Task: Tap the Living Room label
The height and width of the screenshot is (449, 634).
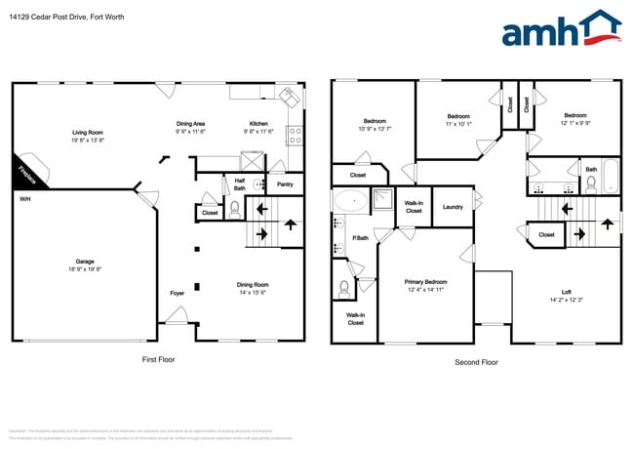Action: click(x=87, y=133)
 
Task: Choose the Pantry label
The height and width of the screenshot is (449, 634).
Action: click(x=285, y=184)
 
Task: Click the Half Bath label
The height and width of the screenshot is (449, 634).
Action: click(x=239, y=183)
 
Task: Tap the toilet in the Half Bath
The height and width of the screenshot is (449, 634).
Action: click(x=235, y=207)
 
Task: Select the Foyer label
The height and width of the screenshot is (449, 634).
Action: click(x=177, y=292)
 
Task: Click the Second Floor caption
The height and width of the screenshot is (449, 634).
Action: click(x=476, y=361)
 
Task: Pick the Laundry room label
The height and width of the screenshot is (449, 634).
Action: click(x=453, y=207)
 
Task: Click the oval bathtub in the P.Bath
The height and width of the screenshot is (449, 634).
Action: click(x=348, y=202)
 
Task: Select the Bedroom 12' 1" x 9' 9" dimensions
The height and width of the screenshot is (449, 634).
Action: click(x=575, y=124)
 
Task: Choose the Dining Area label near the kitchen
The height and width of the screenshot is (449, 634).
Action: click(x=190, y=124)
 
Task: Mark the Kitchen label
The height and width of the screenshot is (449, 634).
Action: click(x=258, y=124)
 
